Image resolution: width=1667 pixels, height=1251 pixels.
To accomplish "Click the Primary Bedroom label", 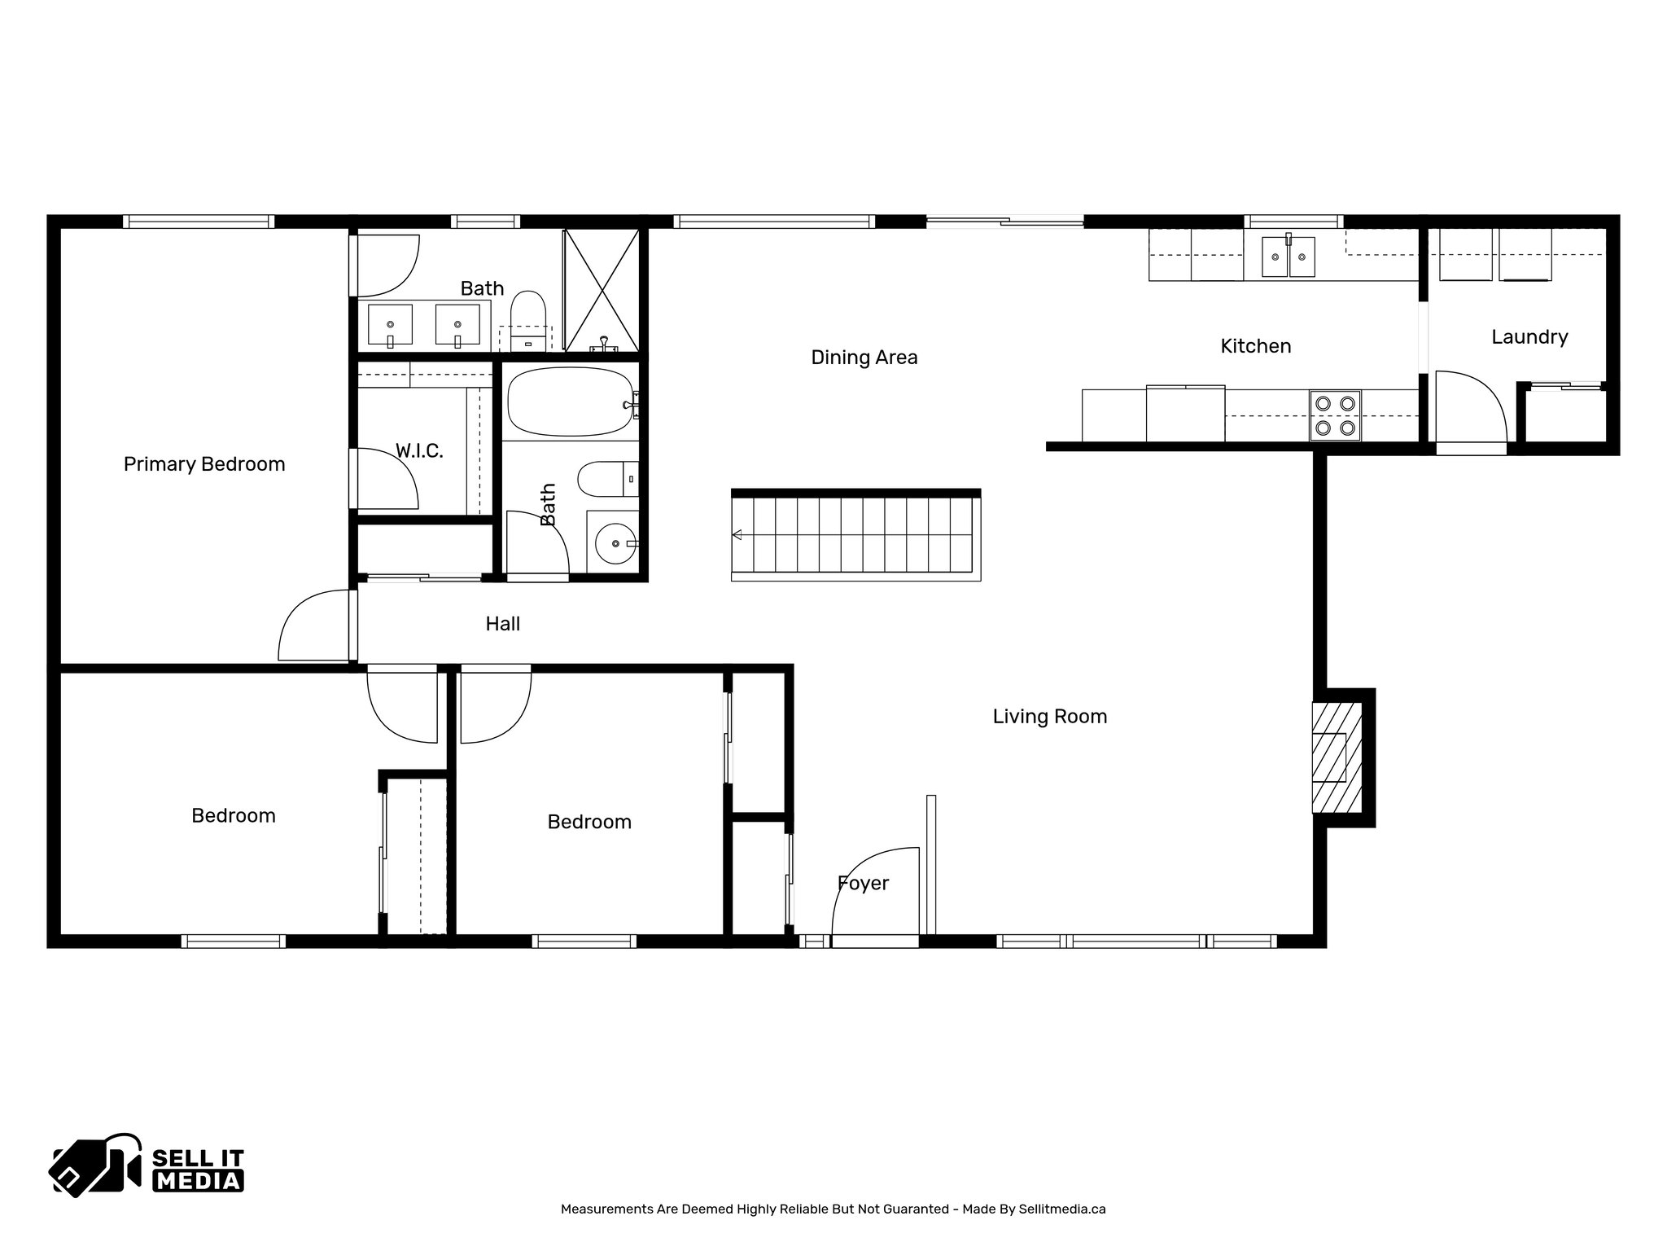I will tap(204, 464).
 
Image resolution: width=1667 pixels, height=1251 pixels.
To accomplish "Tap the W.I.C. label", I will tap(419, 451).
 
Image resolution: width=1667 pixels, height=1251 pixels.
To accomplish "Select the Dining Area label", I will tap(864, 358).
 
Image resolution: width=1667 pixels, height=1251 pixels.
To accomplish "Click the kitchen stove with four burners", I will tap(1335, 415).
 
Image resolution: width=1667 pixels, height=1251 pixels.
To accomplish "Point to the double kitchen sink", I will tap(1289, 257).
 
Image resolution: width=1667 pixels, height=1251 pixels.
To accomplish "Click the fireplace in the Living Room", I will tap(1335, 757).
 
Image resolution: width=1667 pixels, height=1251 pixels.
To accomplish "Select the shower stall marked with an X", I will tap(602, 291).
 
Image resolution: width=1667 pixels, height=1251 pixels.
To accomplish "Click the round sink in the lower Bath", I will tap(615, 543).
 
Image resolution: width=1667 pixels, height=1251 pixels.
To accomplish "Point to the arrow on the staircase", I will tap(737, 535).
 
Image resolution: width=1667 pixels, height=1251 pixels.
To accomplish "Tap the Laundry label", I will tap(1529, 337).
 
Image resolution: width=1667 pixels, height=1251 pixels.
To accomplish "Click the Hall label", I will tap(502, 624).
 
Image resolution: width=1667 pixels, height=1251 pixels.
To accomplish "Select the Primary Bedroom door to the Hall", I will tap(313, 627).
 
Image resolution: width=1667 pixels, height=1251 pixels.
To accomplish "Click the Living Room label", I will tap(1049, 717).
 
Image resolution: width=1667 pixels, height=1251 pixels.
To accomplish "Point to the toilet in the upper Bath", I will tap(527, 314).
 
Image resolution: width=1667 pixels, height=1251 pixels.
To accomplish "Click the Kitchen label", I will tap(1255, 346).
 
